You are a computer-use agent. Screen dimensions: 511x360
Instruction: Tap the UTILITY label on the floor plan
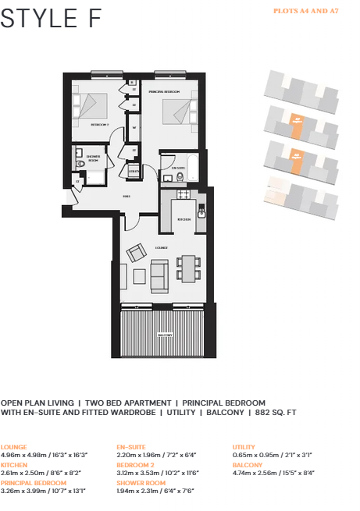pos(134,171)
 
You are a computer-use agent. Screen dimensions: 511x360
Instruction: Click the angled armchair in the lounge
pos(136,252)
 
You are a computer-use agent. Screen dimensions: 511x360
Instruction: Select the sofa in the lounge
pos(160,274)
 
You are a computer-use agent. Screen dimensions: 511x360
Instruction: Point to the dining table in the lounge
pos(188,268)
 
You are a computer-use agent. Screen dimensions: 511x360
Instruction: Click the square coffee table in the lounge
pos(139,275)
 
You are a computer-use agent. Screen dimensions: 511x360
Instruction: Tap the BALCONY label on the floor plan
pos(164,335)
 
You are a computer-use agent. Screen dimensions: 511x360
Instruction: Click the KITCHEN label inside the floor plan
pos(184,219)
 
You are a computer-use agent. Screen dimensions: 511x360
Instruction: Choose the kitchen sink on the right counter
pos(201,211)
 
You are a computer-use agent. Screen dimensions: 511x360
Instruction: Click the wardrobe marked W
pos(134,127)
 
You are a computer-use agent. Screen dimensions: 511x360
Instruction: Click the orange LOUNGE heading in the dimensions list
pos(15,447)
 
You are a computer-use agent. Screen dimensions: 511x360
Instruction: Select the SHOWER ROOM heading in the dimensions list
pos(141,484)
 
